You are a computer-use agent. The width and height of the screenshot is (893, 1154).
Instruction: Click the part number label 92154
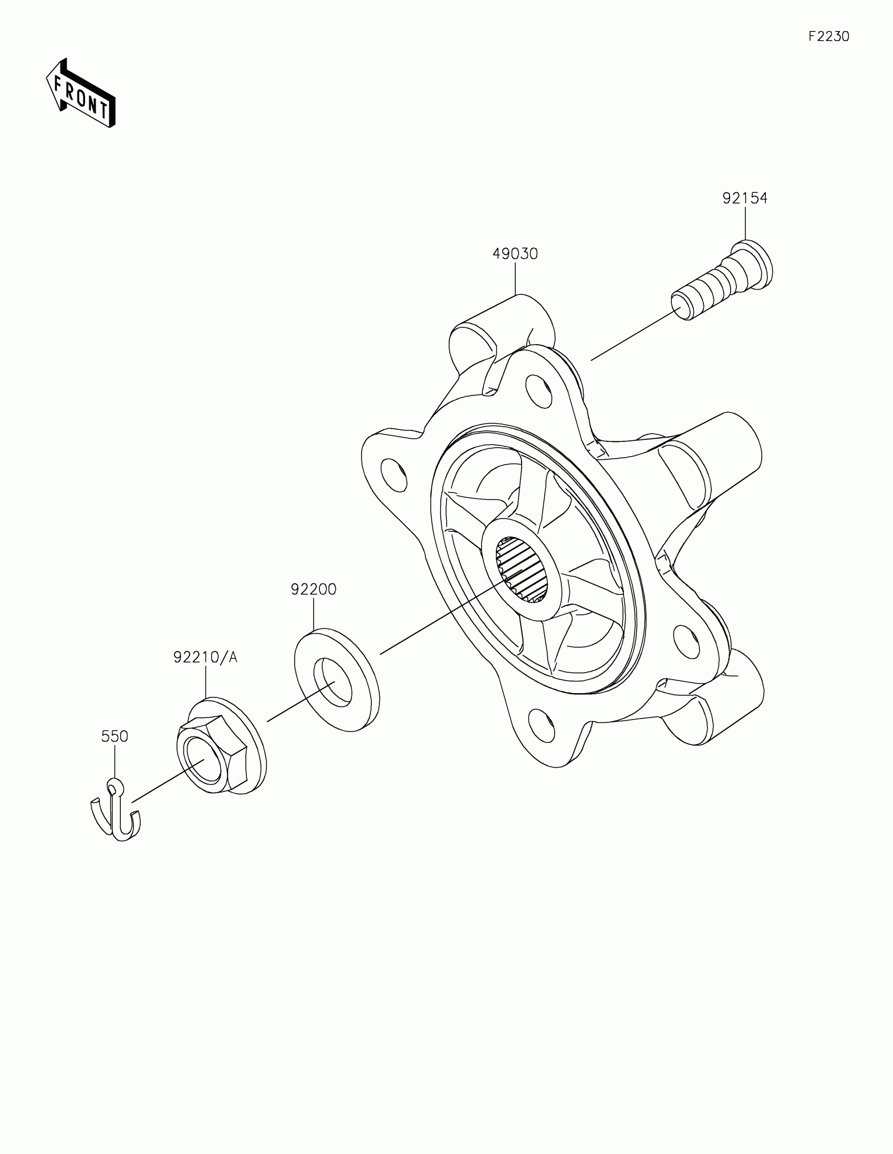point(745,198)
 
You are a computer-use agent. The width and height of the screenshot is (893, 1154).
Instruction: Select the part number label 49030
point(515,254)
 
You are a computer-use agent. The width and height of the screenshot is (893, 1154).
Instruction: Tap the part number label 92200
point(313,589)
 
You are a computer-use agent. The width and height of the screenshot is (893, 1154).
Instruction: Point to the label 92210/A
point(205,657)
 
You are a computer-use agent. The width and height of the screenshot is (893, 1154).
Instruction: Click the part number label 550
point(115,736)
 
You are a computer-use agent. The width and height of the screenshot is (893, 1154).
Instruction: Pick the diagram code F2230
point(828,36)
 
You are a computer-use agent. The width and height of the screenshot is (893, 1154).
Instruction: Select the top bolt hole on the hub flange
point(538,391)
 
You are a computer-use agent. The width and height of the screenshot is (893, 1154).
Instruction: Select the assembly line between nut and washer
point(301,700)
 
